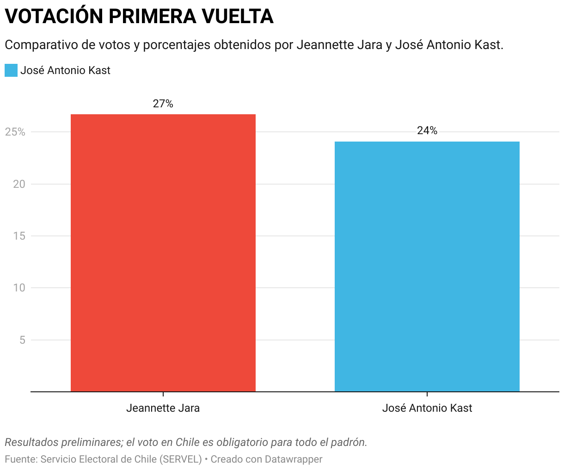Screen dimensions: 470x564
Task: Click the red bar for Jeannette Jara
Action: [x=163, y=253]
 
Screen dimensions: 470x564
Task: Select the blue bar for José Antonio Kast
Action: [x=427, y=266]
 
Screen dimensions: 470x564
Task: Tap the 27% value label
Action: [x=163, y=104]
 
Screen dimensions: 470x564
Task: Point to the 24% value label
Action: [x=427, y=131]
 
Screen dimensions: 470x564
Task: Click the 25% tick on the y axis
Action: [x=15, y=132]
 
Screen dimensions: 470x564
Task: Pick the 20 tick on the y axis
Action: [x=18, y=184]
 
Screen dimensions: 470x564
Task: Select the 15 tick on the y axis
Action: [x=18, y=236]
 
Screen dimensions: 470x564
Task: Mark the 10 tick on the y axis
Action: [x=18, y=288]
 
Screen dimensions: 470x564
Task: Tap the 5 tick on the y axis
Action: [x=22, y=340]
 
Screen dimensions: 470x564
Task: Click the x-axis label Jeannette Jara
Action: [x=163, y=408]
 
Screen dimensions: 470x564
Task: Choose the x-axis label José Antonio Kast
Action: [x=427, y=408]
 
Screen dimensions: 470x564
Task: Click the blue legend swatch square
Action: [x=11, y=70]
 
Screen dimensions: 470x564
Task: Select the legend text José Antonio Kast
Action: [x=65, y=70]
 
